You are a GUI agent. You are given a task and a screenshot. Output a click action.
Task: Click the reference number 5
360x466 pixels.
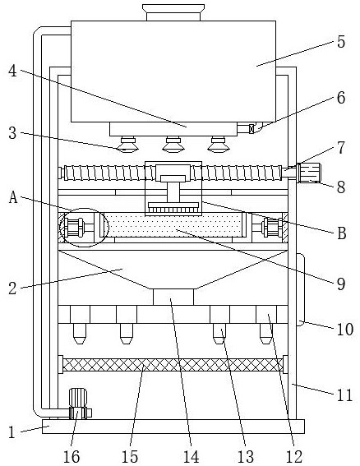(x=341, y=42)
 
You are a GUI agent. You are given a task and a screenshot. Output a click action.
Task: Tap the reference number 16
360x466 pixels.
(x=72, y=456)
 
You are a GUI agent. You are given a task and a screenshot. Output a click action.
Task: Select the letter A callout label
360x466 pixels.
(x=13, y=197)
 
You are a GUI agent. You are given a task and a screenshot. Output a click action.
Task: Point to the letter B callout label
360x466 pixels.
(x=342, y=233)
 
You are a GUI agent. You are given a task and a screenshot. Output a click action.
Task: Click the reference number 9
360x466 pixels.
(x=341, y=284)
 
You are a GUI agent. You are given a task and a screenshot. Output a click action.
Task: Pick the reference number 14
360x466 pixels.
(x=191, y=456)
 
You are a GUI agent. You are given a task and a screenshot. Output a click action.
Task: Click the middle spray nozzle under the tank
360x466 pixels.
(x=173, y=145)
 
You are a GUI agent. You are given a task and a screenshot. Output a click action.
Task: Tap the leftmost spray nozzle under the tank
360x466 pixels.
(x=128, y=145)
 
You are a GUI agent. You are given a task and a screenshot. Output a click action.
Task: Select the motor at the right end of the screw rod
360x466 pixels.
(x=310, y=173)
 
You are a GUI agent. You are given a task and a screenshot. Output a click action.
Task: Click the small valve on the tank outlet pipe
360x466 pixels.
(x=252, y=129)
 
